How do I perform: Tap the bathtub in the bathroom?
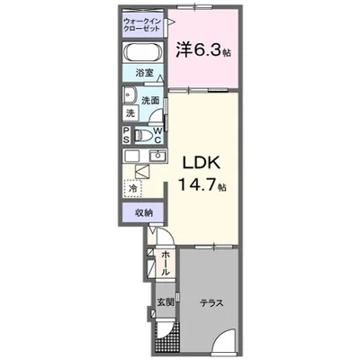pyautogui.click(x=142, y=51)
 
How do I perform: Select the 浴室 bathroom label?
pyautogui.click(x=144, y=73)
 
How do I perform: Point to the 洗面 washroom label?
pyautogui.click(x=150, y=102)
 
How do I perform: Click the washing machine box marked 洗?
pyautogui.click(x=130, y=113)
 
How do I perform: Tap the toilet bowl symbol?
pyautogui.click(x=144, y=136)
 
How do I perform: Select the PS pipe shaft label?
pyautogui.click(x=127, y=135)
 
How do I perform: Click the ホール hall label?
pyautogui.click(x=166, y=263)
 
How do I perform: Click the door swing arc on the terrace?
pyautogui.click(x=228, y=342)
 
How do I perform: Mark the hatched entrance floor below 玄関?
pyautogui.click(x=165, y=337)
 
